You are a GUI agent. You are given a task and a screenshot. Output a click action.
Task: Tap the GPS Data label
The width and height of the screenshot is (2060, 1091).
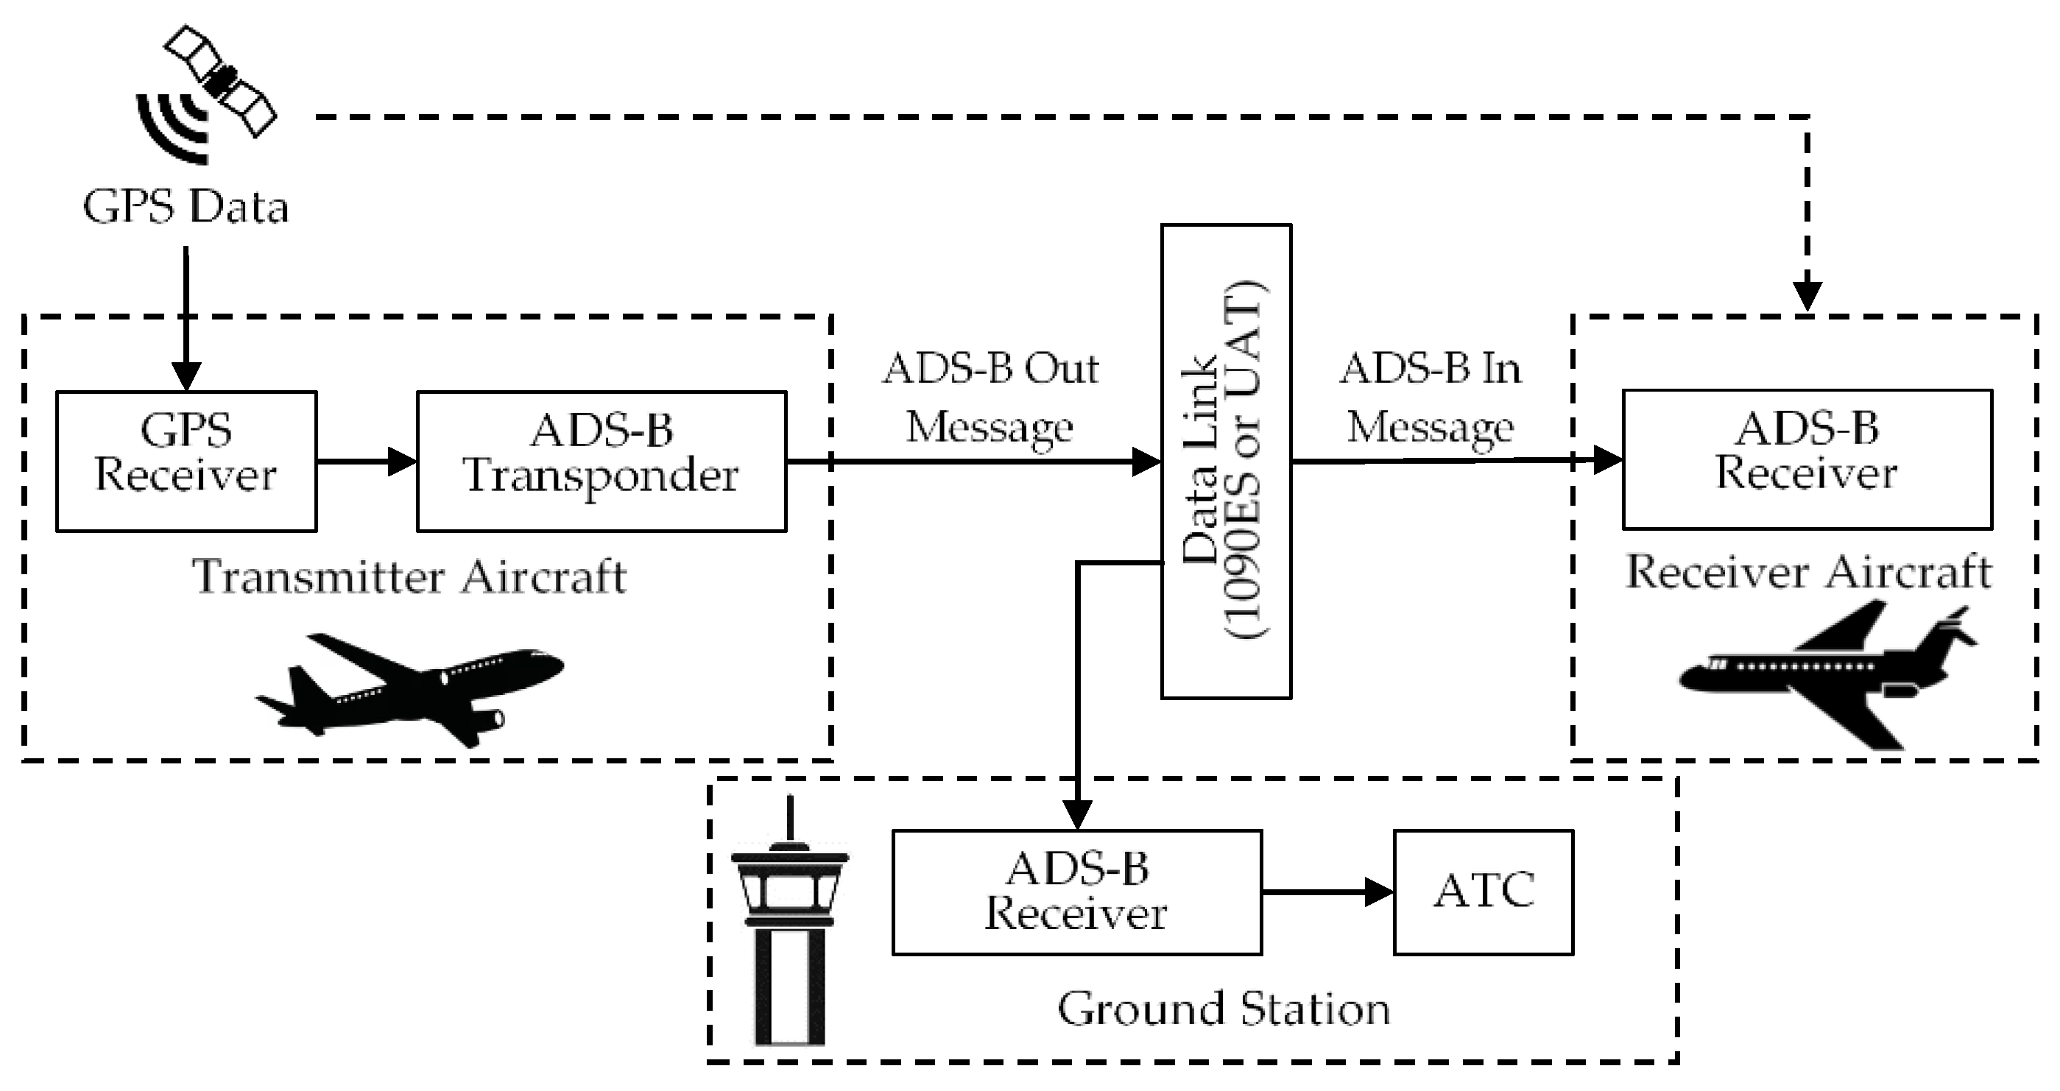tap(186, 207)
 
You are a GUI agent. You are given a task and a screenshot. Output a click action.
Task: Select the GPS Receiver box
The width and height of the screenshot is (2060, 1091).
tap(186, 461)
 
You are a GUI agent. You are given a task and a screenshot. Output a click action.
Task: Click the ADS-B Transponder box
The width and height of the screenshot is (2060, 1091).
tap(602, 461)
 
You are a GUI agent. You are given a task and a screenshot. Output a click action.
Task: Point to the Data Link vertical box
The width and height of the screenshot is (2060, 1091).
tap(1225, 462)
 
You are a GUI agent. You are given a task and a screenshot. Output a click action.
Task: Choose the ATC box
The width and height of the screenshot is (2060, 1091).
tap(1484, 891)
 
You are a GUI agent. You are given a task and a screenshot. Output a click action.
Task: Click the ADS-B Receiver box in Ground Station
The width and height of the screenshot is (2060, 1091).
tap(1076, 891)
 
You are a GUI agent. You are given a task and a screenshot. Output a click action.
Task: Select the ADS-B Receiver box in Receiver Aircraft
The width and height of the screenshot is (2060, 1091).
tap(1807, 459)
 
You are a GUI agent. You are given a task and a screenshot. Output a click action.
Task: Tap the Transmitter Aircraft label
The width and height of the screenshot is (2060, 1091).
tap(409, 576)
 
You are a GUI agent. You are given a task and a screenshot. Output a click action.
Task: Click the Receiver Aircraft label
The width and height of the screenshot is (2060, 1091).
tap(1808, 573)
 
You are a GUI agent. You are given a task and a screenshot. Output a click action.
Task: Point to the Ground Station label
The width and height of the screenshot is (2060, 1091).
tap(1224, 1009)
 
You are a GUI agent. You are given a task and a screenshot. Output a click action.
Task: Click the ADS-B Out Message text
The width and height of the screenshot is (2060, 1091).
tap(990, 398)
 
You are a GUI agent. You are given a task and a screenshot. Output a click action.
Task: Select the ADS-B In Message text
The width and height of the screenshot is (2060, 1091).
tap(1431, 398)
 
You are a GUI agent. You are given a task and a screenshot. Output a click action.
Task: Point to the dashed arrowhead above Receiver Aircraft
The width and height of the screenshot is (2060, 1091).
tap(1807, 296)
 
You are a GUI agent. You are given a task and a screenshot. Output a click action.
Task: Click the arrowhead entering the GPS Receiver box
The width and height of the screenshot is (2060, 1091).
tap(186, 376)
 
